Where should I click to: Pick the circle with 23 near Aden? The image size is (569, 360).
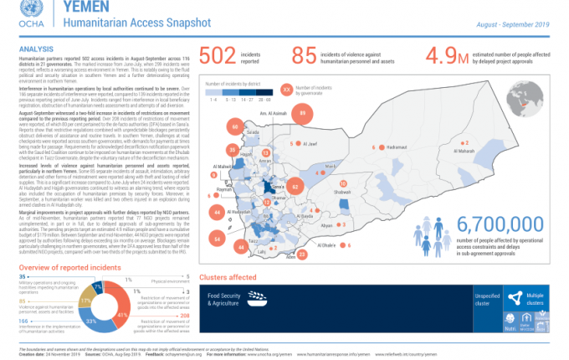pyautogui.click(x=302, y=253)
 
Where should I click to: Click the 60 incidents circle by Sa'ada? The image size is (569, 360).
pyautogui.click(x=235, y=127)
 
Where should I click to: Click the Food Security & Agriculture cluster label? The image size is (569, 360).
pyautogui.click(x=224, y=300)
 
